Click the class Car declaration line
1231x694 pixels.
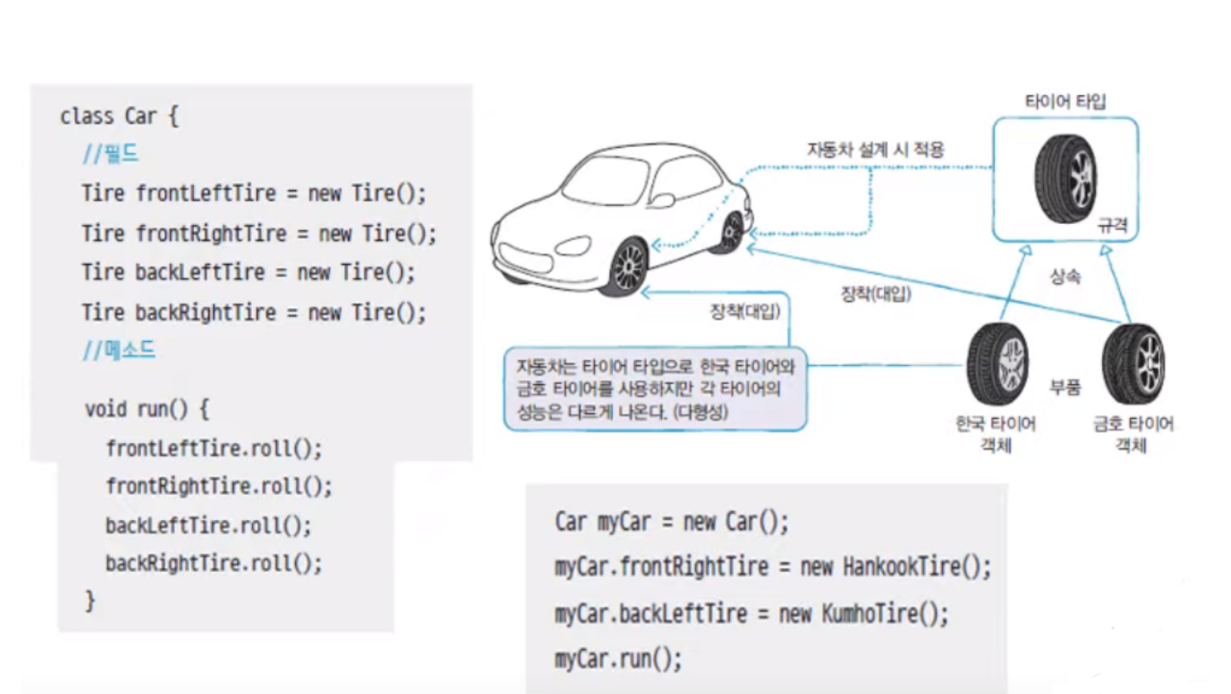119,116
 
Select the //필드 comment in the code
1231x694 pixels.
110,155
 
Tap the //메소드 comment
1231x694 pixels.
119,350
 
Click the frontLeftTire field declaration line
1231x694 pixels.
254,192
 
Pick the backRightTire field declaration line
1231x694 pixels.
254,312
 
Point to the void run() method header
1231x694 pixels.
146,408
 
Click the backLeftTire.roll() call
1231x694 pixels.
209,525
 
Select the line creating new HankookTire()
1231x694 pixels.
772,568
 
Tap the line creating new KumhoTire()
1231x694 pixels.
751,614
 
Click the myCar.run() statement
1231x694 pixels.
618,659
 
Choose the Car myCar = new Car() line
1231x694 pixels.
672,522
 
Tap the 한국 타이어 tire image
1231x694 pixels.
997,363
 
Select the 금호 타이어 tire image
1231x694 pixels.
1131,363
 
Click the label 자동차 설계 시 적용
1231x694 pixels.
875,150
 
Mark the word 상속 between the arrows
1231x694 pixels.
1065,279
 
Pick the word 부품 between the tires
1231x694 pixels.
1065,387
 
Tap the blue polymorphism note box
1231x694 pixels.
654,389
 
